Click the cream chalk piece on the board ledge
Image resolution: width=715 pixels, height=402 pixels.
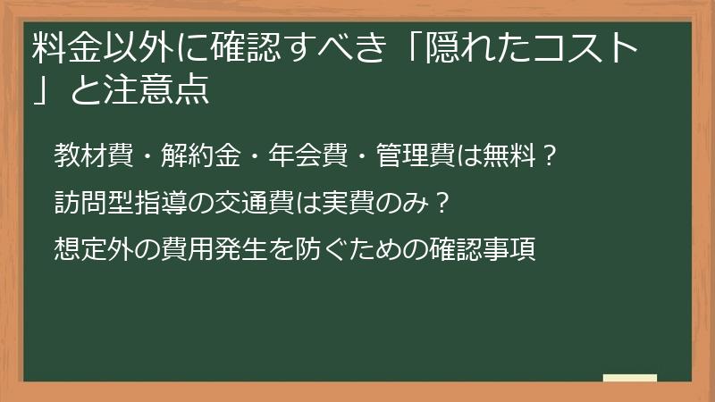pos(629,378)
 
